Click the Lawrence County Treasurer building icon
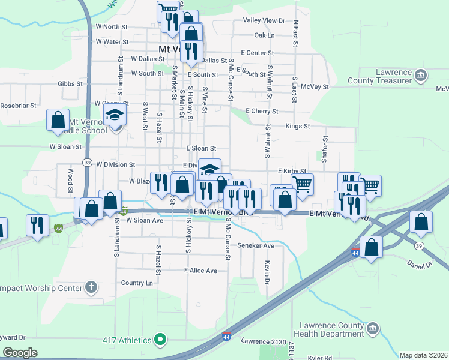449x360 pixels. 421,75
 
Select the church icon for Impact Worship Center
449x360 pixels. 91,287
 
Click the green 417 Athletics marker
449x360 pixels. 160,340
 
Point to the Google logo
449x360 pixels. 20,353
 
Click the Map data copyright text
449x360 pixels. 424,355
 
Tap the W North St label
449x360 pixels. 112,27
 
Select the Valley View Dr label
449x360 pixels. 264,20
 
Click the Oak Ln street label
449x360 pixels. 264,35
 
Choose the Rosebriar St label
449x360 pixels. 19,105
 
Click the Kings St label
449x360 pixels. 297,127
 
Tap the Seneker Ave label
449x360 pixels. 256,245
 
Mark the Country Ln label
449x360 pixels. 137,283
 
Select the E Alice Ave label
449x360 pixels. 201,271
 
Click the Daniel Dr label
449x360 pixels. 420,263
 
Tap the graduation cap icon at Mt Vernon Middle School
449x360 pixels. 114,115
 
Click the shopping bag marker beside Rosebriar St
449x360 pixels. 58,119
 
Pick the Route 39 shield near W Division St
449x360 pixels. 88,163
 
